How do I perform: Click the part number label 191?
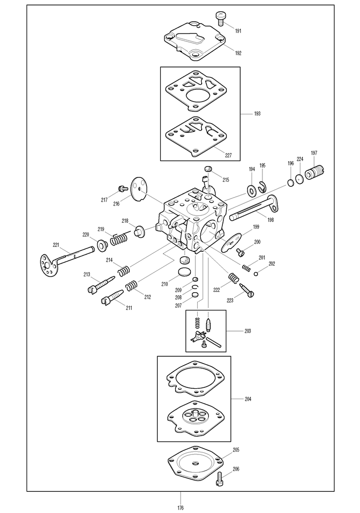(238, 31)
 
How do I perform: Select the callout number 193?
(257, 114)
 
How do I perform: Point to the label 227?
(228, 155)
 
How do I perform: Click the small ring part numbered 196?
(291, 183)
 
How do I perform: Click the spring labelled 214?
(124, 271)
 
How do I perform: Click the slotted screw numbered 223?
(246, 290)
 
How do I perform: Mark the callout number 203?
(248, 331)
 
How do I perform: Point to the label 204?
(248, 399)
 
